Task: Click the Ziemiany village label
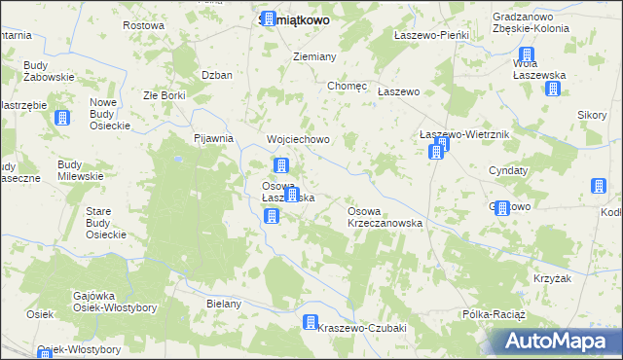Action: tap(314, 56)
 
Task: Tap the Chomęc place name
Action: tap(348, 86)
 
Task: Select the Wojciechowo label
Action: tap(298, 139)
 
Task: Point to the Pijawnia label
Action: tap(214, 138)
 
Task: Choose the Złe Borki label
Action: tap(164, 96)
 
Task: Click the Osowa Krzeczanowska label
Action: tap(385, 216)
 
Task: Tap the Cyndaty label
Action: tap(508, 169)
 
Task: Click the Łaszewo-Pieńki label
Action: tap(431, 35)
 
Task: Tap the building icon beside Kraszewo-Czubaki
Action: tap(311, 322)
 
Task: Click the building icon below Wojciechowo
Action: tap(281, 165)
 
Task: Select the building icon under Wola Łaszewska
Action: tap(553, 90)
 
